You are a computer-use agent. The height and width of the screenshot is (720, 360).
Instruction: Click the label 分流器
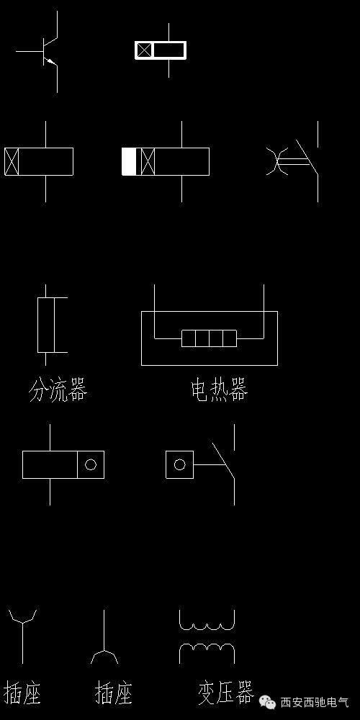point(58,391)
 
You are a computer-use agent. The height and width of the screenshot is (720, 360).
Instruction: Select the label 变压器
point(225,693)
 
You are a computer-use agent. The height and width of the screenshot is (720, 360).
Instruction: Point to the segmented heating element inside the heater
point(209,338)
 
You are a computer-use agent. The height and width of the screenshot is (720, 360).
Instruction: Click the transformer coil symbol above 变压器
point(207,636)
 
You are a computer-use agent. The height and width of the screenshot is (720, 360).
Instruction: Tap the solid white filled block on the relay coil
point(129,161)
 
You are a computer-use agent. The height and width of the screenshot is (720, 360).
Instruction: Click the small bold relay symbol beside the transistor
point(161,50)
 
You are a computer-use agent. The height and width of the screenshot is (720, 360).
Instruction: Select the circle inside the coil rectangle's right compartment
point(91,464)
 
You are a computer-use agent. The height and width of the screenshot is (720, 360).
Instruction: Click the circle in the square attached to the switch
point(179,464)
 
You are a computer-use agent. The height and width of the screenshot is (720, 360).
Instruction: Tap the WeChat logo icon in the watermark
point(267,701)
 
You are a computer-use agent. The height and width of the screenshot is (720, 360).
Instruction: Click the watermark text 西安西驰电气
point(314,702)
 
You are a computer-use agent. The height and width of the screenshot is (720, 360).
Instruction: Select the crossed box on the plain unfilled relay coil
point(11,161)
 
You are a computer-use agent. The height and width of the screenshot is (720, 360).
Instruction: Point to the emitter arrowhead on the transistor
point(50,62)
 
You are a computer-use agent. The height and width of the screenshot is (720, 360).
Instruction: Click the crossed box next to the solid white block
point(148,161)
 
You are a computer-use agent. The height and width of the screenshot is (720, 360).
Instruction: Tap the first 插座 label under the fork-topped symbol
point(22,693)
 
